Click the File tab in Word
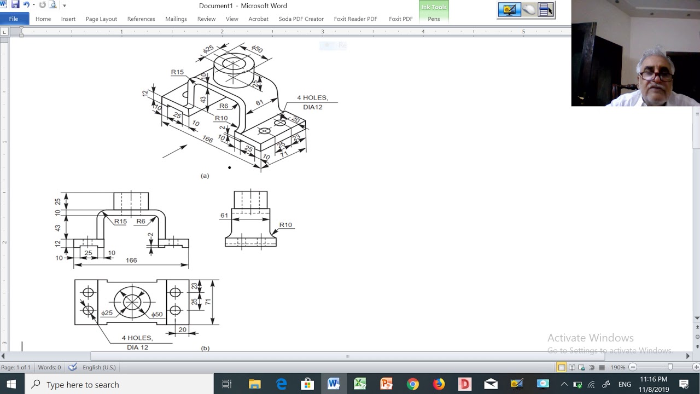[14, 19]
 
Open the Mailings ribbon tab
[176, 19]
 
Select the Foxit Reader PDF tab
[355, 19]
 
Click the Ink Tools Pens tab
[434, 19]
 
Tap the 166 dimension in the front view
[131, 260]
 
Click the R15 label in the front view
[120, 222]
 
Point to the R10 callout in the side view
[285, 225]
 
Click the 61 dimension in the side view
[224, 216]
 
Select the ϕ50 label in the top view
[157, 314]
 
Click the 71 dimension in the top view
[208, 302]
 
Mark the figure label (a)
[205, 176]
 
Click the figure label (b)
[205, 348]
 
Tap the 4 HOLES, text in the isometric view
[312, 98]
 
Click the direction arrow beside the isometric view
[174, 152]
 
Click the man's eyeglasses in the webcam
[656, 77]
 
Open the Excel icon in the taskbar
[360, 384]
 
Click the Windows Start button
[11, 384]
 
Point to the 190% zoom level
[618, 367]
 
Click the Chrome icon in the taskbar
[412, 384]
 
